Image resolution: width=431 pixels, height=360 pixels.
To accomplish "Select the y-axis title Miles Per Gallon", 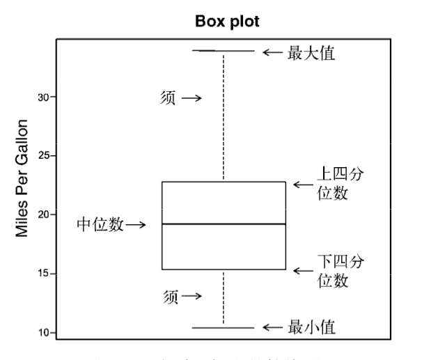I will tap(23, 178).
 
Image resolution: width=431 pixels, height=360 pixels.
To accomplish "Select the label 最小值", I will tap(311, 327).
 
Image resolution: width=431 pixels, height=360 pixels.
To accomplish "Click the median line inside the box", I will tap(224, 224).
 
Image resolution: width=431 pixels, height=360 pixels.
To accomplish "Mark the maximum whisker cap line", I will tap(224, 51).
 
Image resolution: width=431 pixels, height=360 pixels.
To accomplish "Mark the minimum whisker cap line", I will tap(224, 327).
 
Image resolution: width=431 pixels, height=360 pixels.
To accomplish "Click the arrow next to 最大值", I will tap(272, 52).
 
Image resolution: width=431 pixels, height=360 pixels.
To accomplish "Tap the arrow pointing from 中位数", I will tap(136, 225).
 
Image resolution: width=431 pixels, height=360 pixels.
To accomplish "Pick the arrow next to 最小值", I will tap(272, 327).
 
